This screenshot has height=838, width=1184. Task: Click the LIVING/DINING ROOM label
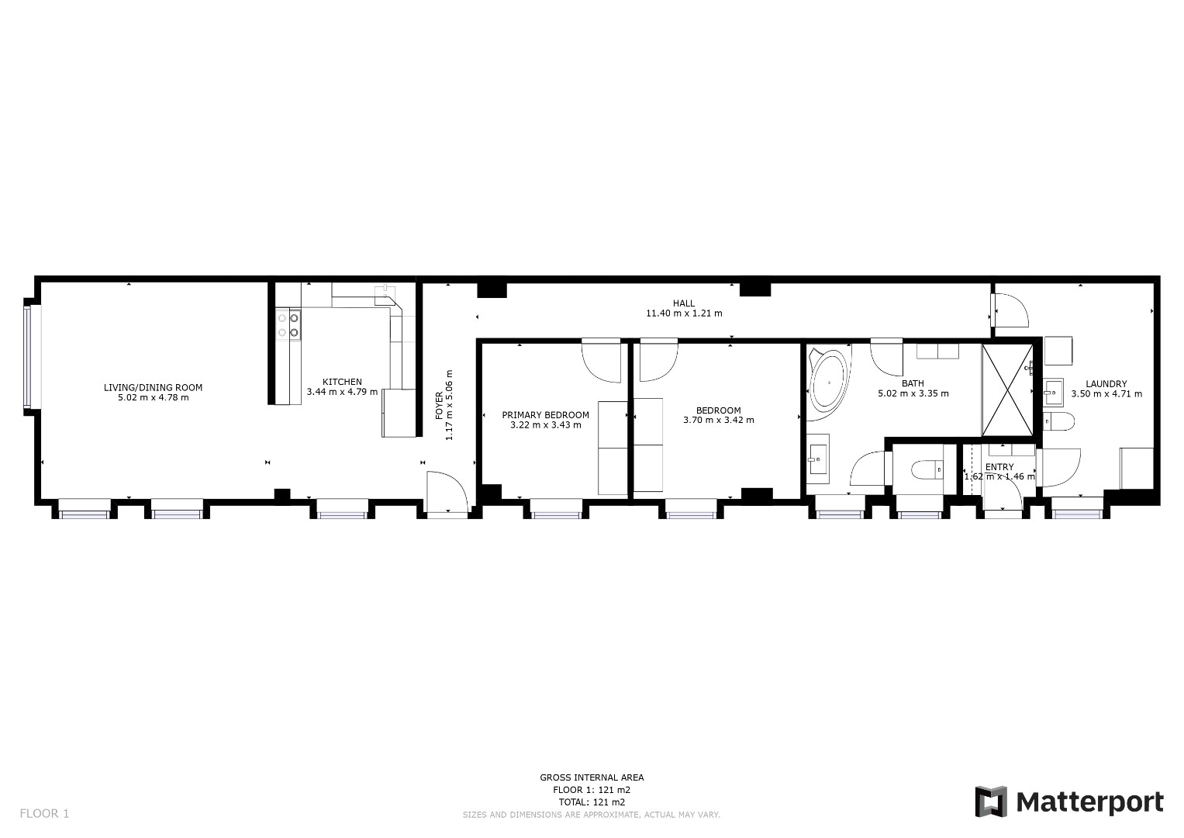[x=154, y=387]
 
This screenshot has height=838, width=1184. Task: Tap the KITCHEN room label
[x=342, y=382]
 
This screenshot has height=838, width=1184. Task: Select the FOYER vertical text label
[x=439, y=406]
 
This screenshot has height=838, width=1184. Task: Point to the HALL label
[x=684, y=303]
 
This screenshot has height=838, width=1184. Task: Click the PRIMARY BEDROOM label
[x=546, y=415]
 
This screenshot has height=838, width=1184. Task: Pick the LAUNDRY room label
[x=1106, y=383]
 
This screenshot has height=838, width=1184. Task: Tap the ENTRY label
[x=999, y=466]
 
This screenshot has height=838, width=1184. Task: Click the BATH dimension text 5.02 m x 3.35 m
[x=913, y=393]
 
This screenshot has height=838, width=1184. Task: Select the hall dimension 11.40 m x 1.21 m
[x=684, y=313]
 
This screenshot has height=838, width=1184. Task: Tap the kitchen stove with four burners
[x=288, y=325]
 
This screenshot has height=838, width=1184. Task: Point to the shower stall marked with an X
[x=1007, y=390]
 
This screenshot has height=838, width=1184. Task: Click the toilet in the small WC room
[x=927, y=469]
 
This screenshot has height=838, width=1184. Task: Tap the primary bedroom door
[x=602, y=360]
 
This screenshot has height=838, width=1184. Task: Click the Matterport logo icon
[x=991, y=802]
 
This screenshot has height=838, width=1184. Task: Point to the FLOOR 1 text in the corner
[x=44, y=814]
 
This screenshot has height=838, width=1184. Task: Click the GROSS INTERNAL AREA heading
[x=592, y=777]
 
